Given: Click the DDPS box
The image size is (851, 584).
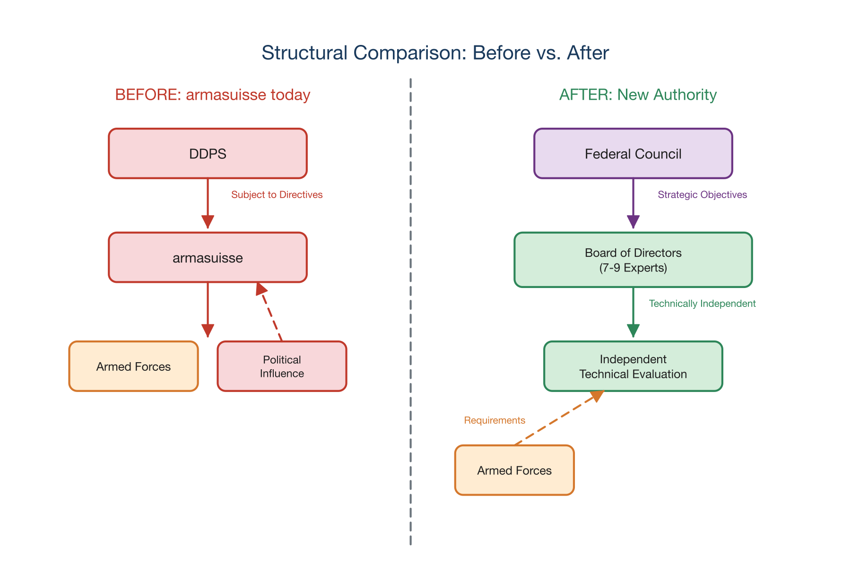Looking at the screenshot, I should (x=208, y=154).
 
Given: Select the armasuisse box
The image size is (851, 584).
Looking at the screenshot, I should (x=208, y=258).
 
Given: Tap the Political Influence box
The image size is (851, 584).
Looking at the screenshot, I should (x=282, y=366).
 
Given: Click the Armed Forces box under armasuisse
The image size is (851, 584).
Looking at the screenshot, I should (x=133, y=366).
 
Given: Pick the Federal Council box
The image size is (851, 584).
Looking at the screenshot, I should (x=633, y=154).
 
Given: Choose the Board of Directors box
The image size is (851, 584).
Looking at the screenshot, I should (x=633, y=260).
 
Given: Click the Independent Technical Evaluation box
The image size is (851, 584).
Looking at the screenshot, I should (x=633, y=366).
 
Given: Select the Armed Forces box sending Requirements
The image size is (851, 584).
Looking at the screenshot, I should (x=514, y=471).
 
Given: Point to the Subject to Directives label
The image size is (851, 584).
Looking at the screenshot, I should (x=277, y=195).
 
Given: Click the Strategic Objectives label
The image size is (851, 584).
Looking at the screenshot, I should (x=702, y=195).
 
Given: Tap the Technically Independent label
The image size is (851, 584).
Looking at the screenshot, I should (x=702, y=304).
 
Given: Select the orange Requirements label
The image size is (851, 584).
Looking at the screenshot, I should (x=495, y=420).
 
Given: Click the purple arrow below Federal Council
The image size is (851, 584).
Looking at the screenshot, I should (x=633, y=201).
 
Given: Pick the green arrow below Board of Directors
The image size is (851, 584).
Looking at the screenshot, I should (x=633, y=310).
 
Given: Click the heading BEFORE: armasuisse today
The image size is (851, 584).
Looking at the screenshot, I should (x=212, y=95).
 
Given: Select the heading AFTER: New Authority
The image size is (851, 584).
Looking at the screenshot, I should (x=638, y=95).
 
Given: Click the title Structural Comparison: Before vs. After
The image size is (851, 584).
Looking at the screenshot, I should (x=435, y=52).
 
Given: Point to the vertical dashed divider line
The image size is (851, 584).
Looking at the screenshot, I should (x=410, y=312).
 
